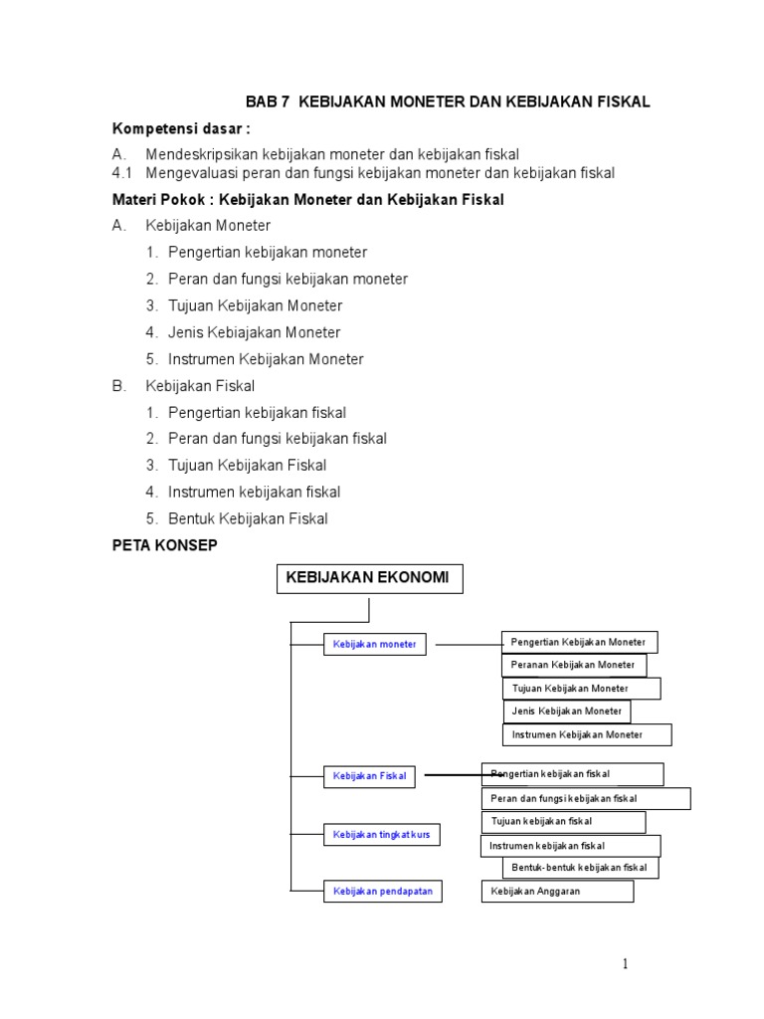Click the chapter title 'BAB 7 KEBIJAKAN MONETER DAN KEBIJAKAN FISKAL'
[447, 102]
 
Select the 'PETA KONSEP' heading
[164, 545]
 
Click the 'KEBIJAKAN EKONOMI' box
[368, 578]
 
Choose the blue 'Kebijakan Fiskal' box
[369, 776]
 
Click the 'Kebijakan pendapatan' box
[382, 892]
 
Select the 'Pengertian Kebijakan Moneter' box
[578, 642]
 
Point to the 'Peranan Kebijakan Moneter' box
[574, 665]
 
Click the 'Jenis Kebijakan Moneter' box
[567, 712]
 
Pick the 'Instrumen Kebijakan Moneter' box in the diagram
[587, 735]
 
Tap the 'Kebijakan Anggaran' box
[557, 892]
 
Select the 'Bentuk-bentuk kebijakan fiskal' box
[580, 868]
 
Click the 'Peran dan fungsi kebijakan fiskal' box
[586, 798]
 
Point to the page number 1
[626, 963]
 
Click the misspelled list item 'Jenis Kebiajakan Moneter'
[255, 332]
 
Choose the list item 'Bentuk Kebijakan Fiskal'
[248, 518]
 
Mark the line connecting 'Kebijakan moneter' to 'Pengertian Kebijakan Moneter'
[467, 645]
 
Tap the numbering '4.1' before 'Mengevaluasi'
[123, 173]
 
